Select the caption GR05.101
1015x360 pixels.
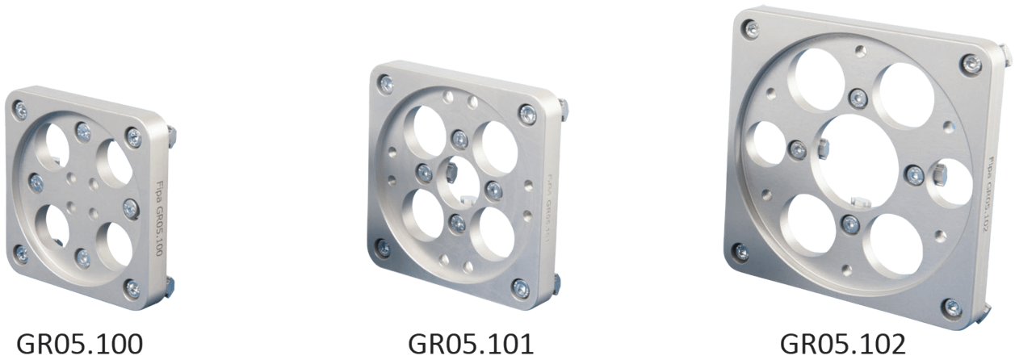click(x=471, y=343)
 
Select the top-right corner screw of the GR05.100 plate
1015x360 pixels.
click(x=134, y=137)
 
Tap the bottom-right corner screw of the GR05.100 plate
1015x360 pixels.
click(x=132, y=287)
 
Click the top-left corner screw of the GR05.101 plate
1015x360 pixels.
click(x=386, y=82)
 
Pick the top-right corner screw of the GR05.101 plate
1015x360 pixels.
click(x=528, y=114)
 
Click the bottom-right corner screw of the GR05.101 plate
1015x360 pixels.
click(x=521, y=287)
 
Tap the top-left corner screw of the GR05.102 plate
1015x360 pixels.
click(x=752, y=30)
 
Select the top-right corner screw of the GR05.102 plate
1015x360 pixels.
click(x=971, y=65)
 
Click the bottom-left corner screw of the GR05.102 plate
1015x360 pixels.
click(x=740, y=251)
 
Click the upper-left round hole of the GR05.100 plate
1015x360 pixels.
click(x=57, y=144)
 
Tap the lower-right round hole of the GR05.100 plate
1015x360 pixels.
click(x=117, y=245)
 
